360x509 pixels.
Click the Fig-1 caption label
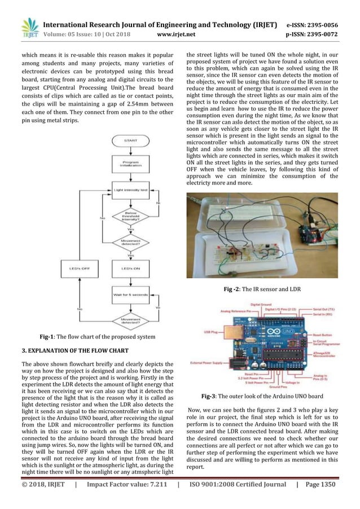(x=97, y=337)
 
